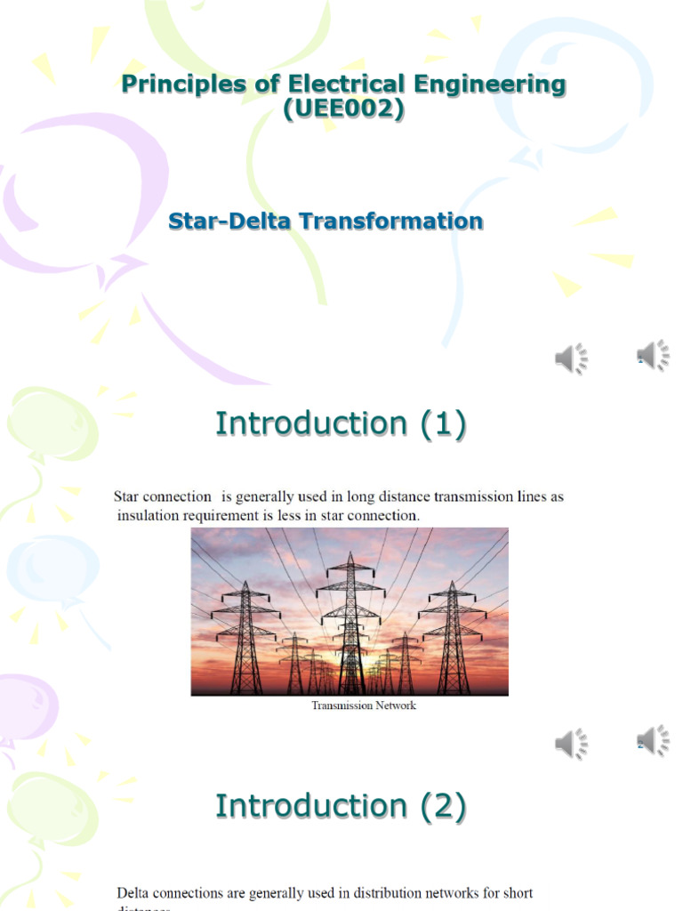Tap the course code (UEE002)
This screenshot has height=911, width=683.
[342, 111]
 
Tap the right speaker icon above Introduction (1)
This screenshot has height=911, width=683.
[654, 356]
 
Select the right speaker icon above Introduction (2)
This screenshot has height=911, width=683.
[654, 740]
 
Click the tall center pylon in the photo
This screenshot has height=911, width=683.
[350, 623]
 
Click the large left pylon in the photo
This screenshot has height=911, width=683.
[245, 636]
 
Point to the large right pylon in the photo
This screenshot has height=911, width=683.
[453, 636]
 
